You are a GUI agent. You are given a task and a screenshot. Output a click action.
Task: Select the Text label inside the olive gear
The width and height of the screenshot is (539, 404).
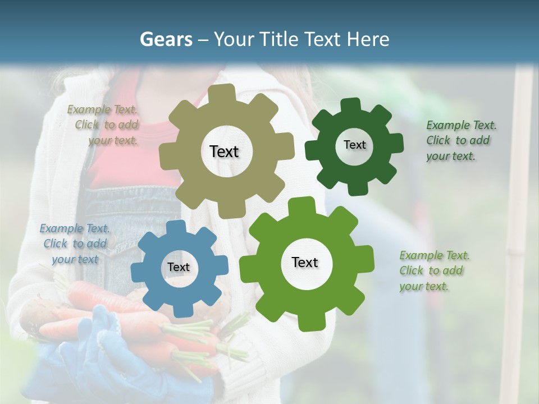(x=224, y=151)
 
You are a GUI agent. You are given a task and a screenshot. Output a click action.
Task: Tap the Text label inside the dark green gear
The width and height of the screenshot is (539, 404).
(x=354, y=145)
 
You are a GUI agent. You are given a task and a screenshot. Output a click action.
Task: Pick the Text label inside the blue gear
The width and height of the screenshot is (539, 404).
(x=179, y=267)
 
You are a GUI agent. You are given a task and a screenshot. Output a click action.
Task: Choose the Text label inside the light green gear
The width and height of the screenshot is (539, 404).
(x=305, y=262)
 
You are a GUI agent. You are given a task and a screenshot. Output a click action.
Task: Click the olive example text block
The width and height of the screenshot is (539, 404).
(x=103, y=125)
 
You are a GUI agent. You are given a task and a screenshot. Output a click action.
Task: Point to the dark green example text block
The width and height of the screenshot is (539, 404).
(x=460, y=140)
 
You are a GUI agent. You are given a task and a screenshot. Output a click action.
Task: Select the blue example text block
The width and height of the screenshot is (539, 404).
(x=74, y=244)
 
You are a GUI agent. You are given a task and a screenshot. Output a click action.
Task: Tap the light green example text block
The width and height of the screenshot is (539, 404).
(x=434, y=270)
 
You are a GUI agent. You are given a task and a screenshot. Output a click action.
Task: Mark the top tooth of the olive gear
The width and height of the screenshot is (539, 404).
(x=225, y=94)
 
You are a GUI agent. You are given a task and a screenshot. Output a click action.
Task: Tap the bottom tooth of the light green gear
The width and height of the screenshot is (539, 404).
(x=305, y=323)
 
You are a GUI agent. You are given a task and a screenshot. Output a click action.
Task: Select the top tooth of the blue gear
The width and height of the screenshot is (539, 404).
(x=177, y=227)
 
